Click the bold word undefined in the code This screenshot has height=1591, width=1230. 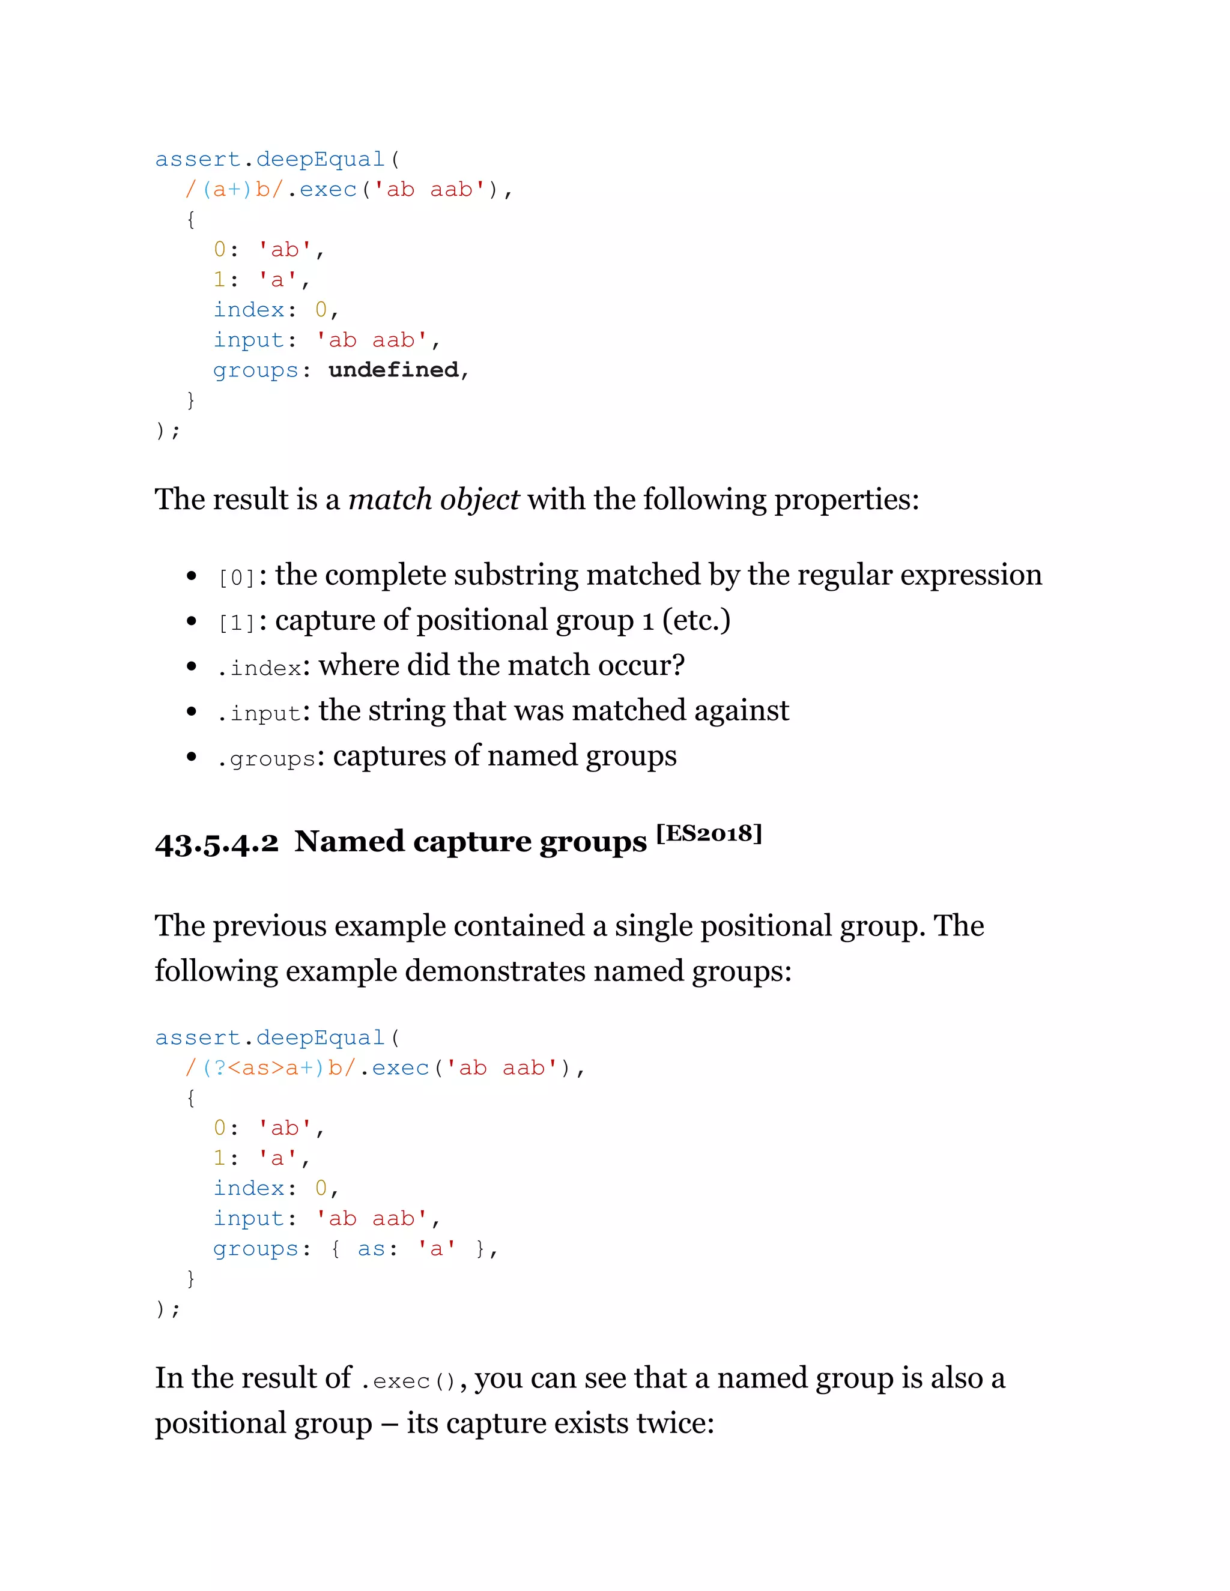(393, 370)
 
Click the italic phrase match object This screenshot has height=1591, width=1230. (434, 500)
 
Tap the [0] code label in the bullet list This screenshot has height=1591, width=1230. (237, 578)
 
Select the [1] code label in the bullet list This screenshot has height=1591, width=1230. (237, 623)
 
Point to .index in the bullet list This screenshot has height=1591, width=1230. (259, 667)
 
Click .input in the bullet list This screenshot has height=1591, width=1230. (259, 713)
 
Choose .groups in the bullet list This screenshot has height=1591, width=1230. (266, 758)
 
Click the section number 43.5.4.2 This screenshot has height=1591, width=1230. (216, 843)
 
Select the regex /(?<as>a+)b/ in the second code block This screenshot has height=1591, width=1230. (270, 1068)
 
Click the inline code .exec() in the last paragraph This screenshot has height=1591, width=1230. (408, 1380)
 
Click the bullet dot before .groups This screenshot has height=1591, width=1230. (191, 757)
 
